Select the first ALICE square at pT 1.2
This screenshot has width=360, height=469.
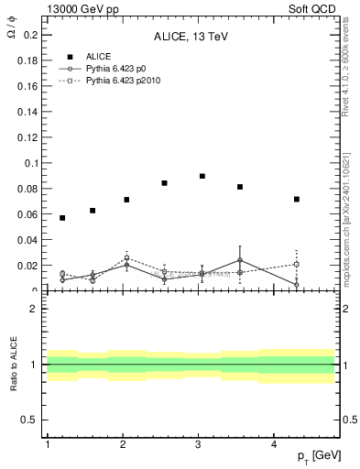(62, 218)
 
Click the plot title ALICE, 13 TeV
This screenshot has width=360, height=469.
(190, 38)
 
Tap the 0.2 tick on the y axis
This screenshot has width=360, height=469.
(30, 35)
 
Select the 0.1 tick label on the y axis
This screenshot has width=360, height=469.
(30, 163)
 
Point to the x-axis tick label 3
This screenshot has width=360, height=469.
(199, 444)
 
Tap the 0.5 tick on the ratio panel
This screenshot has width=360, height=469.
(30, 420)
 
